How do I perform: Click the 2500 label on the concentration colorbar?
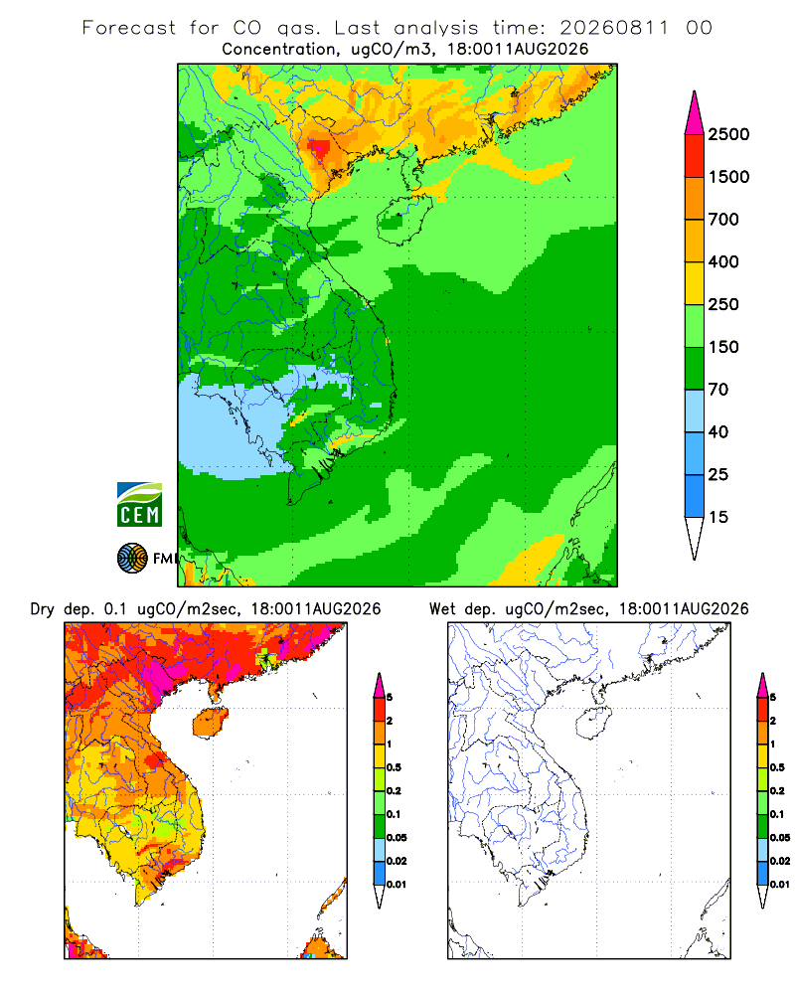tap(728, 134)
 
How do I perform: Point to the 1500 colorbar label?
tap(728, 177)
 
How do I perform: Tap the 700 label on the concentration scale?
tap(723, 220)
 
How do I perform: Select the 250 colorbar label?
tap(723, 304)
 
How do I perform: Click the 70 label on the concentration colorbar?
tap(718, 390)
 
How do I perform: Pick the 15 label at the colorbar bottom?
tap(718, 517)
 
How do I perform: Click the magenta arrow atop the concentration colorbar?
tap(695, 113)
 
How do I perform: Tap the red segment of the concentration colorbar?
tap(695, 156)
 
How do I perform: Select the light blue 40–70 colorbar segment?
tap(695, 411)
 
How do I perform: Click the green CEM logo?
tap(139, 505)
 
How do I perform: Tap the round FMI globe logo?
tap(132, 559)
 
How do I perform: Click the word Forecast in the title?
tap(129, 28)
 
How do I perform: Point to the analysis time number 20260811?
tap(614, 28)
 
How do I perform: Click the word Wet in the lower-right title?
tap(442, 609)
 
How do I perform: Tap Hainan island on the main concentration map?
tap(403, 220)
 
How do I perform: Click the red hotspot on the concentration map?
tap(319, 149)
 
